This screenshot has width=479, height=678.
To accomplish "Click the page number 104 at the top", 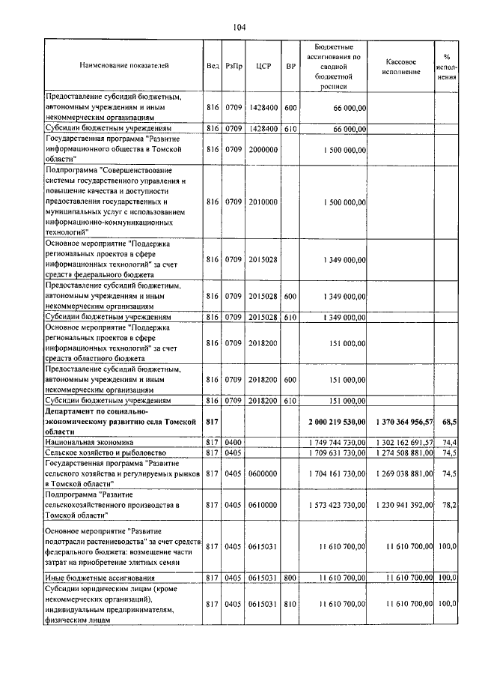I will (239, 28).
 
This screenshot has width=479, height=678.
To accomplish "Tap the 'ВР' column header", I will (290, 66).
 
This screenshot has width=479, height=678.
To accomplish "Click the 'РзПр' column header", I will (234, 66).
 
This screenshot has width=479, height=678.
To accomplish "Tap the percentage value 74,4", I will (449, 443).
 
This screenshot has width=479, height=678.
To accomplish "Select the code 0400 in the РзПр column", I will (234, 443).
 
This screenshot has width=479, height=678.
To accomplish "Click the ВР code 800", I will (290, 578).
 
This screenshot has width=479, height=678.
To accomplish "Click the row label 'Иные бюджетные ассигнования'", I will (100, 578).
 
